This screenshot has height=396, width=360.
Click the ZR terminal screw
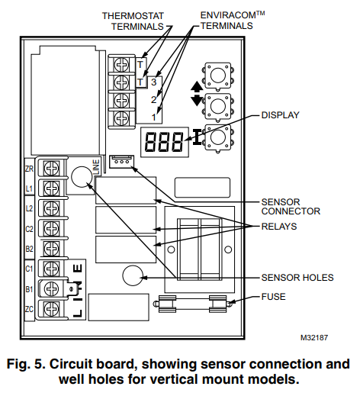click(51, 168)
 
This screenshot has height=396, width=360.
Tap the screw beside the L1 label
click(51, 188)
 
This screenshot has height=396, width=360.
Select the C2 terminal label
click(29, 229)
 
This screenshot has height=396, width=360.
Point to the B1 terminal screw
click(51, 288)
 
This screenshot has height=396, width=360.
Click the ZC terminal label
click(29, 309)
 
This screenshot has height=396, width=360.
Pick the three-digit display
click(165, 142)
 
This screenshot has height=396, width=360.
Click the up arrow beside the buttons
click(197, 87)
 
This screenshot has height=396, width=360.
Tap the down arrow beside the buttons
click(197, 100)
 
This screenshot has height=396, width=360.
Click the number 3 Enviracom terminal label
click(154, 82)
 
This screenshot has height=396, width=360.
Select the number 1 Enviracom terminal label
click(154, 118)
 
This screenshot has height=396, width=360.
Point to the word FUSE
click(273, 297)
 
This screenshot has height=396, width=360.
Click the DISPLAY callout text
click(280, 115)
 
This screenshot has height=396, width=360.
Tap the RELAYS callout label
click(279, 227)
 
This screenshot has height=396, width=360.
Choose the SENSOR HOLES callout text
click(297, 278)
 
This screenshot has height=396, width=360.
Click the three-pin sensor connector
click(121, 162)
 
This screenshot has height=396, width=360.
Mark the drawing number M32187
click(314, 338)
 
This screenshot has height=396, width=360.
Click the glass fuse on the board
click(193, 304)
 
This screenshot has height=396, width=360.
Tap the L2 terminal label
click(29, 208)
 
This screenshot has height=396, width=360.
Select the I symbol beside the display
click(197, 137)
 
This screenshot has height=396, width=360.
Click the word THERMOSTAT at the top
click(133, 16)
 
